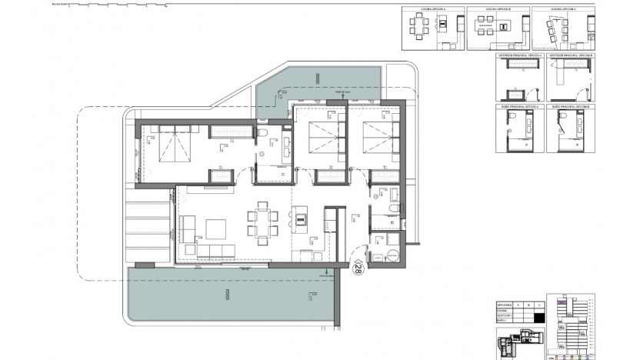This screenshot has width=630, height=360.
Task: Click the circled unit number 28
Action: (358, 269)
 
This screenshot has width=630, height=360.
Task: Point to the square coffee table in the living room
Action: (215, 229)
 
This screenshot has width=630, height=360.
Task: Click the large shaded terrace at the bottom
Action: (231, 297)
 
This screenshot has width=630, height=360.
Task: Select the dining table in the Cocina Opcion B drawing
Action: (485, 33)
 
